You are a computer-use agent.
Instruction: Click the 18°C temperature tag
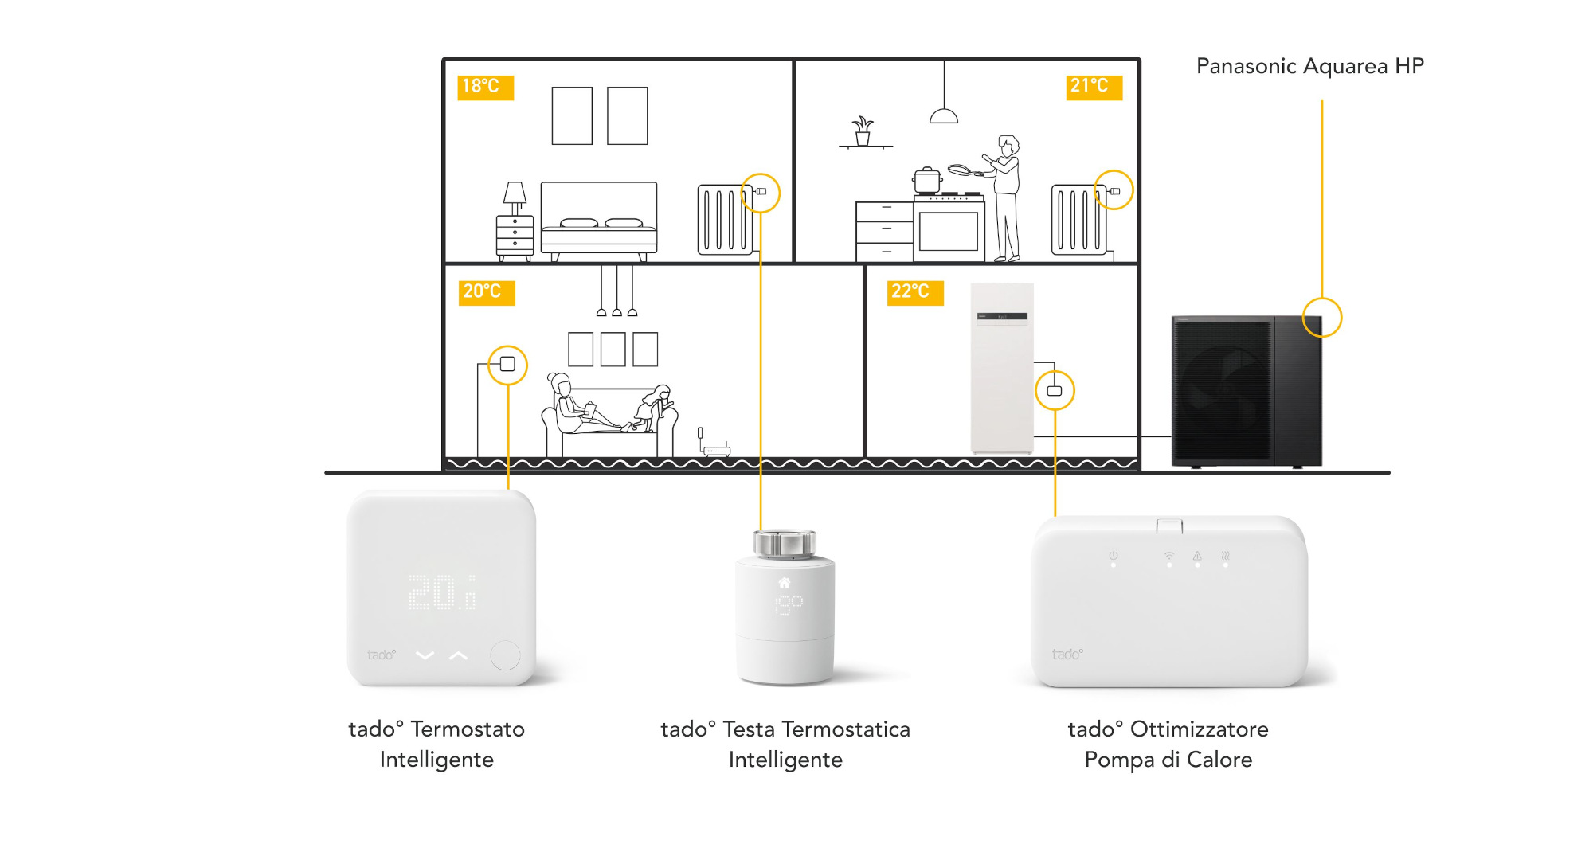click(x=485, y=87)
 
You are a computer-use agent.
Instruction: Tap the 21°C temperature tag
click(x=1094, y=87)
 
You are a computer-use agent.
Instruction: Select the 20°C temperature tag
click(x=487, y=292)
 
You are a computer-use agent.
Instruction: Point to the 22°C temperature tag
click(x=915, y=292)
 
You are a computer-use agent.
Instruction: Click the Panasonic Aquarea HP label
click(x=1309, y=66)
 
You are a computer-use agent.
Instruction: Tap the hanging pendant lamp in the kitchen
click(x=944, y=115)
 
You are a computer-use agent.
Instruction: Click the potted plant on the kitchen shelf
click(x=863, y=131)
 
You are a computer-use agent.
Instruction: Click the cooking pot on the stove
click(x=927, y=181)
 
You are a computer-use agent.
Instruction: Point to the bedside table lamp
click(x=515, y=195)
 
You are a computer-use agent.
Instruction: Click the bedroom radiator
click(x=724, y=219)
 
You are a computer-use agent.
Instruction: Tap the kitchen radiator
click(x=1078, y=219)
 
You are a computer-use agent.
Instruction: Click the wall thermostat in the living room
click(x=507, y=365)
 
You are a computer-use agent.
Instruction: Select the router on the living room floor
click(x=716, y=451)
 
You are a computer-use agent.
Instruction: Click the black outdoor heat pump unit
click(x=1246, y=390)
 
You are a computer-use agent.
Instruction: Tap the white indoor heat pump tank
click(x=1002, y=368)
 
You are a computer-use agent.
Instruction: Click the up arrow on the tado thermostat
click(x=458, y=655)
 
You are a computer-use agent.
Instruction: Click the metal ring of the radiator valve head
click(x=785, y=544)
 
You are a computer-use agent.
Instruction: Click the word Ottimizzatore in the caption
click(x=1199, y=729)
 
